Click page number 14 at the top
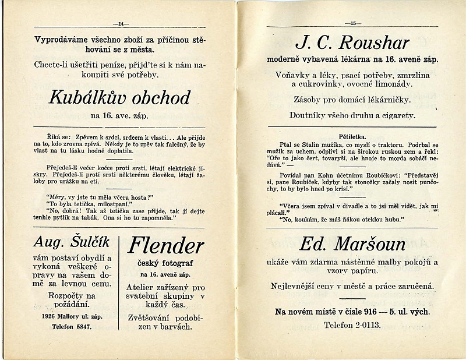tap(122, 23)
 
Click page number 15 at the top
tap(353, 23)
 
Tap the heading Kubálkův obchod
tap(119, 97)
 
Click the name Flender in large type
tap(166, 245)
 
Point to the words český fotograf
tap(165, 263)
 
